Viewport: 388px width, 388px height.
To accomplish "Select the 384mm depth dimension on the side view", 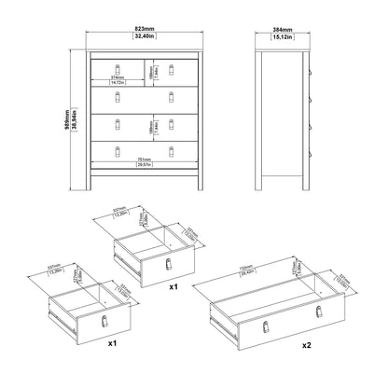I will click(281, 30).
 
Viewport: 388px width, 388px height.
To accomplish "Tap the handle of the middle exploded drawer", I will click(169, 266).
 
